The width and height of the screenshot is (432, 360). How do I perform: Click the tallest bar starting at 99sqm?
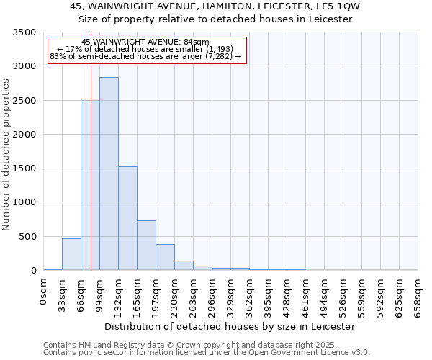(109, 174)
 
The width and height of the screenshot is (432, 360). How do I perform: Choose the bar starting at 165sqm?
(146, 245)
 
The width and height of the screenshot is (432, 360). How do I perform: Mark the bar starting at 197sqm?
(165, 257)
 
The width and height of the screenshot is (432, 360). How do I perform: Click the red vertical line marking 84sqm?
(91, 144)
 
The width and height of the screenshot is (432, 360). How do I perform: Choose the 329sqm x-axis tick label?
(231, 295)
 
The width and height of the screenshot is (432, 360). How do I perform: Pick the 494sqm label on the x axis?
(325, 295)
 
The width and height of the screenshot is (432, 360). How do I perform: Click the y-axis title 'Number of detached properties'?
(7, 155)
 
